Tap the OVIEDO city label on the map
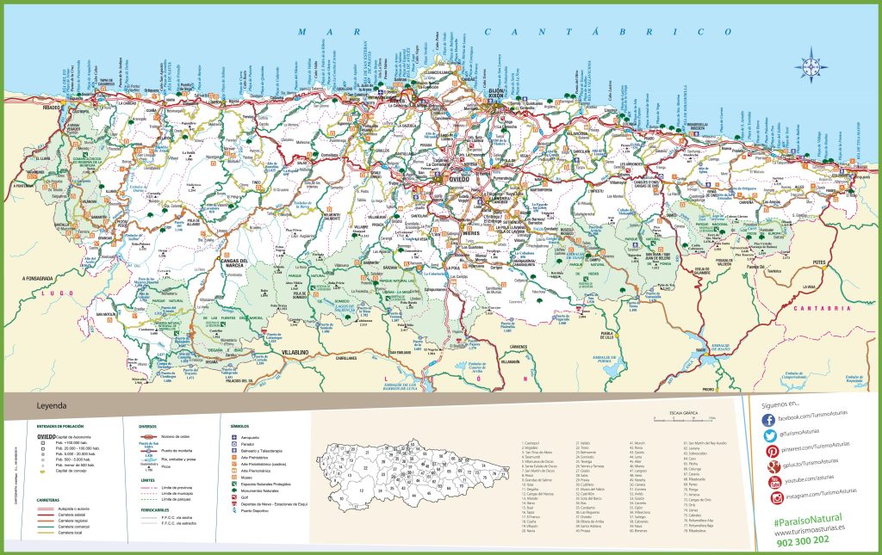click(464, 180)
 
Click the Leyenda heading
click(53, 406)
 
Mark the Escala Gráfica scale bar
click(685, 420)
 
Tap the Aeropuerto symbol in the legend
click(233, 437)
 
